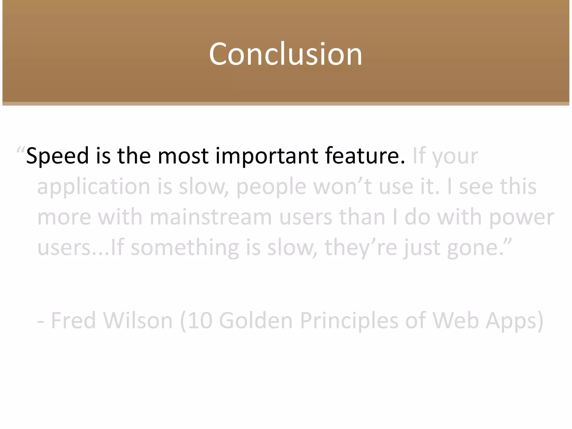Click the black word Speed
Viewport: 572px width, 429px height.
click(57, 156)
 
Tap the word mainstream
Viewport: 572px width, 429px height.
click(211, 217)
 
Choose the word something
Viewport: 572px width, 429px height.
click(185, 248)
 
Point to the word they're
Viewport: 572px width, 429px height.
click(361, 248)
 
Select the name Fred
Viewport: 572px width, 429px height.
click(73, 321)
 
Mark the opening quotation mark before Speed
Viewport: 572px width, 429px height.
click(21, 149)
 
